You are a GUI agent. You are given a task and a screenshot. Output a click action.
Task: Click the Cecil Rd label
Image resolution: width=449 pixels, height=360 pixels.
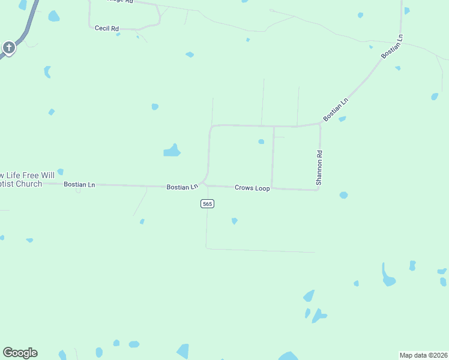click(107, 28)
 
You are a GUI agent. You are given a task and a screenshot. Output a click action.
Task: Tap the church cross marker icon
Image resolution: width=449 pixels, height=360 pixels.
click(8, 47)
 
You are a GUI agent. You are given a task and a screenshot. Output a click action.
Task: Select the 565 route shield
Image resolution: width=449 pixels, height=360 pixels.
click(207, 204)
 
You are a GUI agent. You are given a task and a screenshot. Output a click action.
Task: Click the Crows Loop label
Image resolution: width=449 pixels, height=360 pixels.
click(252, 188)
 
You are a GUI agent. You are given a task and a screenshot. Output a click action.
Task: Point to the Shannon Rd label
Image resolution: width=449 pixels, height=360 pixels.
click(321, 167)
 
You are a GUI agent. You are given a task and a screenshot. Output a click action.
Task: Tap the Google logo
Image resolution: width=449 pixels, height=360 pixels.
click(20, 353)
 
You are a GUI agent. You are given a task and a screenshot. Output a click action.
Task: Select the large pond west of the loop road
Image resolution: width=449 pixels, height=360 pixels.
click(172, 151)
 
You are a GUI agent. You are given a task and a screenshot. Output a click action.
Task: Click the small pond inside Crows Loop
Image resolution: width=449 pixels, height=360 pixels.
click(261, 142)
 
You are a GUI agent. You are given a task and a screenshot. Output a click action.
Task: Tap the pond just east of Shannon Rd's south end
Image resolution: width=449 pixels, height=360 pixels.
click(343, 195)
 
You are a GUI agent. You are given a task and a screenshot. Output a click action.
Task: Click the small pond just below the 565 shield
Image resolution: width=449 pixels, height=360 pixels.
click(234, 221)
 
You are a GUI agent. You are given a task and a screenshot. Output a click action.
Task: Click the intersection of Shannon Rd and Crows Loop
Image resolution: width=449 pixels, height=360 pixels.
click(318, 190)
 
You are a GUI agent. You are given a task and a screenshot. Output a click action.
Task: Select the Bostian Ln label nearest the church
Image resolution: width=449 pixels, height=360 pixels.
click(79, 185)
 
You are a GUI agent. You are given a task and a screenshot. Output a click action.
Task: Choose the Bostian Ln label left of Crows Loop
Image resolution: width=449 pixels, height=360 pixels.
click(182, 187)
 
